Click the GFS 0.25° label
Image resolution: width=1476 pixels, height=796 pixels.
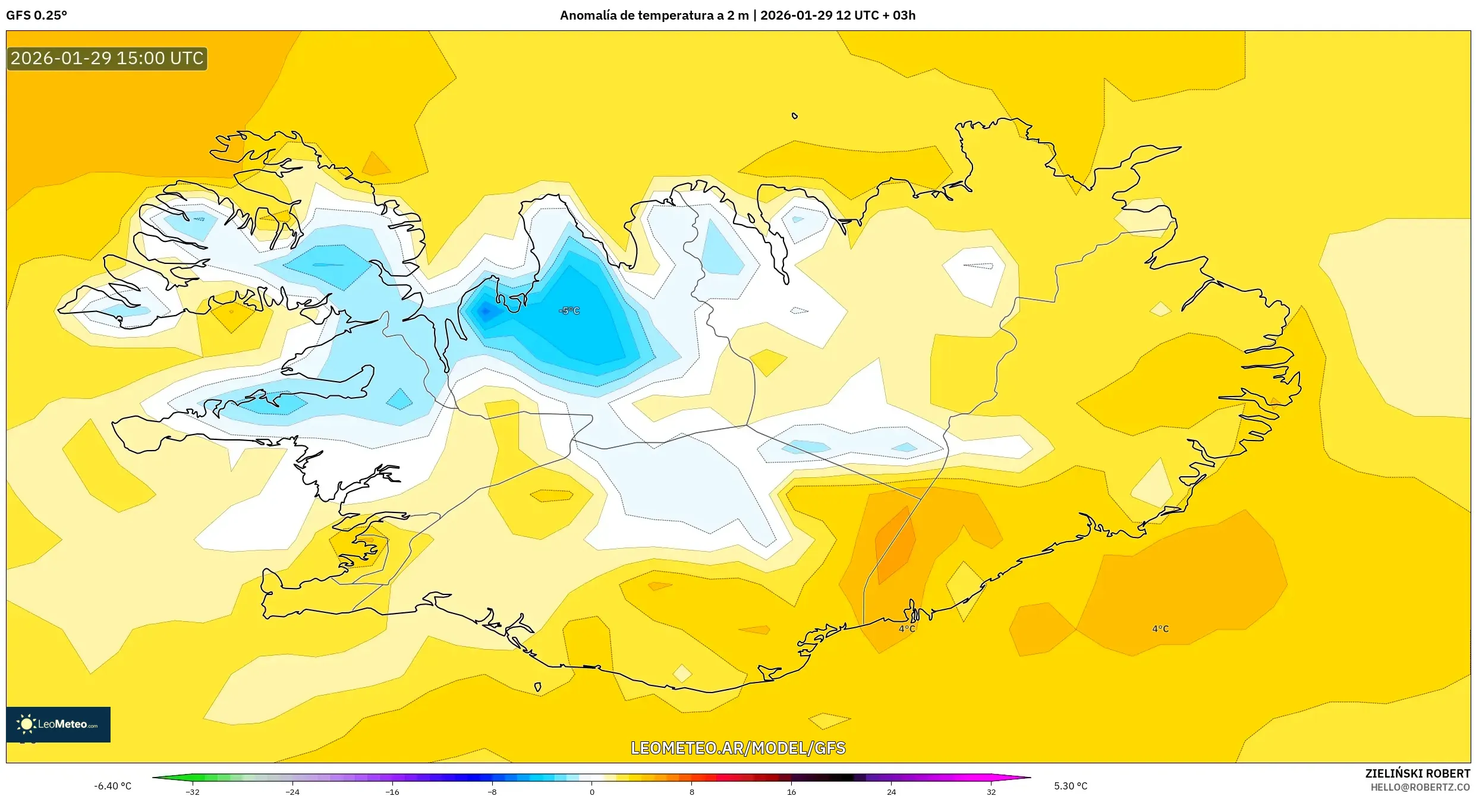(36, 15)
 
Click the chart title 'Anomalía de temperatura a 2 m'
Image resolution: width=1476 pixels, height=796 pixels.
(654, 15)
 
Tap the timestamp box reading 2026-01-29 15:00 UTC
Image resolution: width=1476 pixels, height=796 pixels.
(107, 58)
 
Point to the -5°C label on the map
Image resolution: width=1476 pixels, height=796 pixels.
(569, 310)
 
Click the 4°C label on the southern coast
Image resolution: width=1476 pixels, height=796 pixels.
(907, 629)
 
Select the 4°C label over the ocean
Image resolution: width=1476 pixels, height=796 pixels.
(1160, 629)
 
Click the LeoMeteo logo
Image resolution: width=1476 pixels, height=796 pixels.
(58, 724)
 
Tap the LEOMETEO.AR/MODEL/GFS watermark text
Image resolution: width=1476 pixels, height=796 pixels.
(738, 748)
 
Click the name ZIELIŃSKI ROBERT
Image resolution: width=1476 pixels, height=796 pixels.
(1417, 773)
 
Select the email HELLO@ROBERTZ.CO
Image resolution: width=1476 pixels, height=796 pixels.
(1420, 787)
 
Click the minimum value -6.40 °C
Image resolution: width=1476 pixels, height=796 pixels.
(112, 786)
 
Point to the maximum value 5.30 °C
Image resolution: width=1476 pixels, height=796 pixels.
(1071, 786)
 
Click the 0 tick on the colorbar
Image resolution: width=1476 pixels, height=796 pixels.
(592, 791)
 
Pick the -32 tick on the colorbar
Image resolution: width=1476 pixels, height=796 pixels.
(193, 791)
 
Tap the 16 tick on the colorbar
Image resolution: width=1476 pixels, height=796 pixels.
(791, 791)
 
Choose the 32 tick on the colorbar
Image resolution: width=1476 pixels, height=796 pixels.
(991, 791)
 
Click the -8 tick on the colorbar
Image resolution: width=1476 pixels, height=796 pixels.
(492, 791)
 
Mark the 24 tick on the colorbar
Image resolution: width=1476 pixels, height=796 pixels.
(891, 791)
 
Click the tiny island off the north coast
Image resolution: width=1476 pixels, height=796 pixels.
(794, 116)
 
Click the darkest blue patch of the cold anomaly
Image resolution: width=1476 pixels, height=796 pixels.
(486, 311)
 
